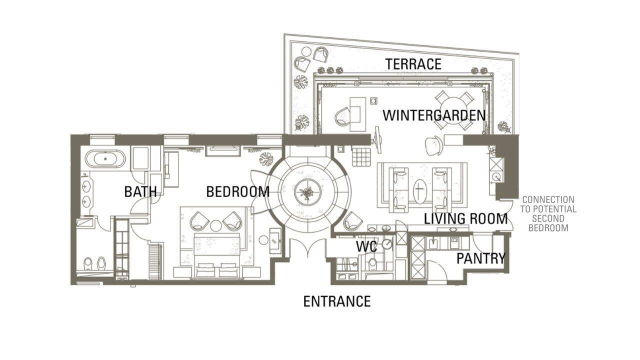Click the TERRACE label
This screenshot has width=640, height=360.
(x=413, y=64)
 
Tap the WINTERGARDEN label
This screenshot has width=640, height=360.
(x=434, y=115)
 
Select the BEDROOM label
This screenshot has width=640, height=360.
(x=238, y=191)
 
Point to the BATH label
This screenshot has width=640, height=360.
(x=140, y=191)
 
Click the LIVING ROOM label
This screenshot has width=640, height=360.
(x=465, y=219)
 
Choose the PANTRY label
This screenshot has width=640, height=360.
(x=481, y=258)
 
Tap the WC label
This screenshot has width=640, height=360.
(x=366, y=246)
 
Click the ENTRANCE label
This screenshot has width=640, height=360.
(x=337, y=301)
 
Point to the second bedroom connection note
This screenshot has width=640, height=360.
(x=548, y=213)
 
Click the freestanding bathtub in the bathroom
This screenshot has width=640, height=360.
(x=105, y=158)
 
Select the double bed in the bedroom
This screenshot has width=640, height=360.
(x=216, y=255)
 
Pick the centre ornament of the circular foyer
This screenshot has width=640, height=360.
(x=308, y=192)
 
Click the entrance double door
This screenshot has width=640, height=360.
(x=307, y=248)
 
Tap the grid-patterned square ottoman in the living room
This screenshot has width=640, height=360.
(x=361, y=157)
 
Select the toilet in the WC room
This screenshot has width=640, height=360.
(x=372, y=263)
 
